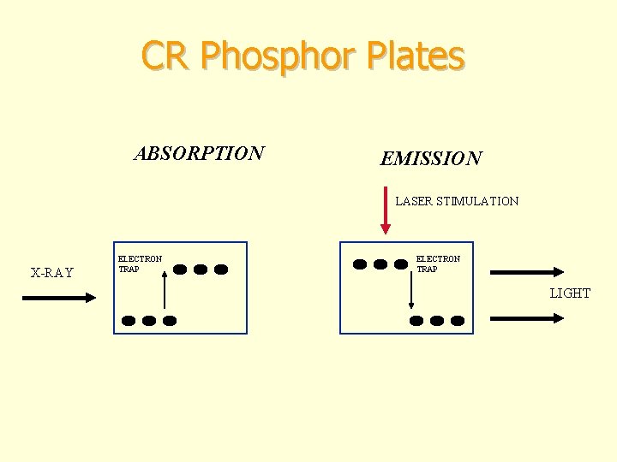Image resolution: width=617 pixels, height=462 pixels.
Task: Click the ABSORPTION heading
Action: click(x=199, y=154)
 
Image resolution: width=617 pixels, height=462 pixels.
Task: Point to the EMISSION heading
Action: click(x=431, y=159)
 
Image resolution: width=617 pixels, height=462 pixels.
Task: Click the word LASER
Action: click(x=414, y=202)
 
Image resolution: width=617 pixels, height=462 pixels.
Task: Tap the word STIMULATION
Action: click(x=478, y=202)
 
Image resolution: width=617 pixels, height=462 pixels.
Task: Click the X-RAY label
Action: click(x=52, y=274)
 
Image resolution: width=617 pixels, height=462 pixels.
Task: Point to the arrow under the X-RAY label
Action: click(x=58, y=298)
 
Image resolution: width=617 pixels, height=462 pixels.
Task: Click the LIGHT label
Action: click(x=570, y=293)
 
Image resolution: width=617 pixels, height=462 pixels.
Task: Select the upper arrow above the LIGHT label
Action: click(x=526, y=272)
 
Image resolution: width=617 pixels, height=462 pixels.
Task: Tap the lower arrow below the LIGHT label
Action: click(x=526, y=317)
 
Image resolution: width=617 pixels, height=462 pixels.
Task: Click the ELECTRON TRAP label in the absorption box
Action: click(x=139, y=264)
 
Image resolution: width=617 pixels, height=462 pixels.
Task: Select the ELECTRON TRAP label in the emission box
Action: click(x=438, y=264)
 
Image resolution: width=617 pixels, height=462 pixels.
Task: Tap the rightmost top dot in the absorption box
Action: click(x=221, y=269)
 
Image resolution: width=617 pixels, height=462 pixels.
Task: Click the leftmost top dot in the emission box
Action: click(x=360, y=264)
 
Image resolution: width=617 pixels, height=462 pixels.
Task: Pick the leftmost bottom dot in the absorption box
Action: click(x=129, y=321)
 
